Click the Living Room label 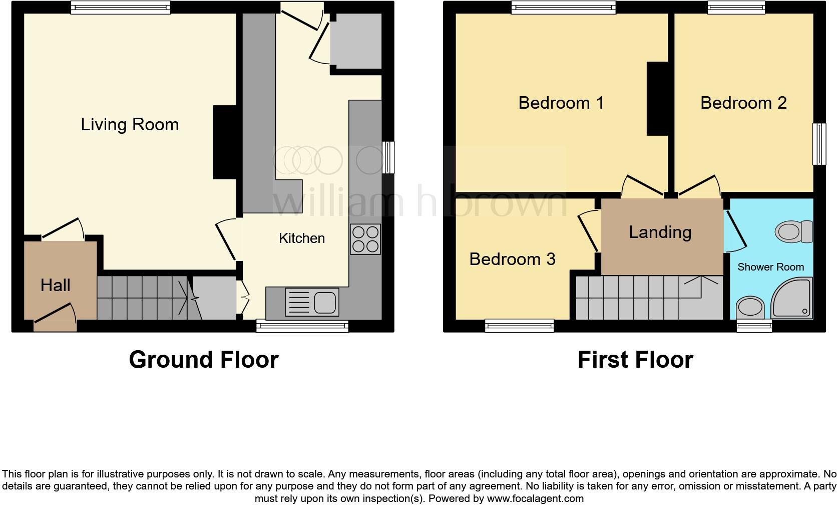point(130,124)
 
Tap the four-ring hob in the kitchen point(365,239)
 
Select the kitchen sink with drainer point(312,302)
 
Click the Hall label point(55,285)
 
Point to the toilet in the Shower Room point(793,232)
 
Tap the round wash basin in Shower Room point(750,307)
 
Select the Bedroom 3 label point(512,259)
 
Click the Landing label point(660,232)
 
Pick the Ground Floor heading point(203,360)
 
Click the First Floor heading point(635,360)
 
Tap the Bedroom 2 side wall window point(819,144)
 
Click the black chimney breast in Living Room point(225,142)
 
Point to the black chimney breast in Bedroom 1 point(657,99)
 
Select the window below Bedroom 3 point(519,326)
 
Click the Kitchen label point(301,238)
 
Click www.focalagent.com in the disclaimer point(535,498)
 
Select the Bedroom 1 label point(561,103)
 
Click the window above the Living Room point(120,7)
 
